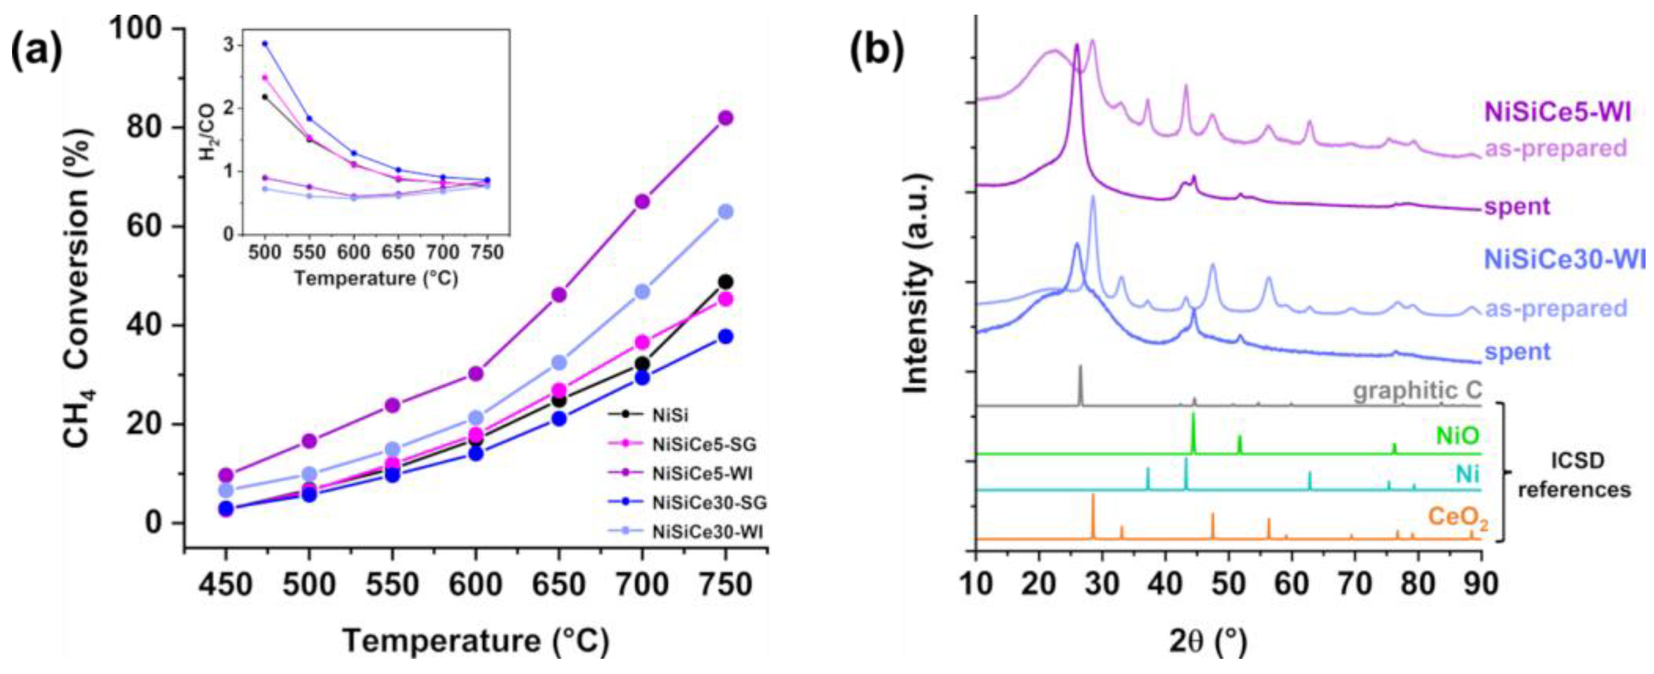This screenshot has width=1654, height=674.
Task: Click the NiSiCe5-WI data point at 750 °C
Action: (725, 118)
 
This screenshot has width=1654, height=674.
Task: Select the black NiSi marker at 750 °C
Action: (725, 282)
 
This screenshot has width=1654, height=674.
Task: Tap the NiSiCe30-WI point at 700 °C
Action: (642, 292)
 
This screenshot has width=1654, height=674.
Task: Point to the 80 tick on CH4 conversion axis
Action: (148, 128)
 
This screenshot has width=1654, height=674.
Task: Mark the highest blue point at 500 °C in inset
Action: (265, 44)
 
